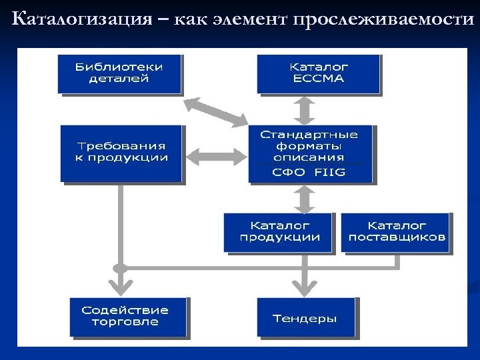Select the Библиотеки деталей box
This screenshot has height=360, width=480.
(120, 73)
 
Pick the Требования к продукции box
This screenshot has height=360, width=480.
(121, 153)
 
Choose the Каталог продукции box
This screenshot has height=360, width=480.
(277, 232)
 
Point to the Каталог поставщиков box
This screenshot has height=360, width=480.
(396, 232)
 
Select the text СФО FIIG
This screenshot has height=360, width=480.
(308, 172)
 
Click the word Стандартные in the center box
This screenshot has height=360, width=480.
(308, 134)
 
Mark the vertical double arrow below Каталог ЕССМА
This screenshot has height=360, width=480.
(306, 109)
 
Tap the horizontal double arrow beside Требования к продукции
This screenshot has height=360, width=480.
(215, 155)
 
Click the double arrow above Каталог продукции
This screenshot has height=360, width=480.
(306, 198)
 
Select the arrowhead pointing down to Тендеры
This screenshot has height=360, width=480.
(305, 288)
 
